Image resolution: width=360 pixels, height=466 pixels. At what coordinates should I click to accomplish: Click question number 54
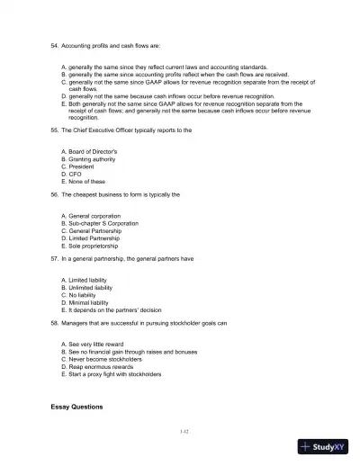54,43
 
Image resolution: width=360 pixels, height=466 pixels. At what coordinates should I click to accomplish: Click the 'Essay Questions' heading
76,407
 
